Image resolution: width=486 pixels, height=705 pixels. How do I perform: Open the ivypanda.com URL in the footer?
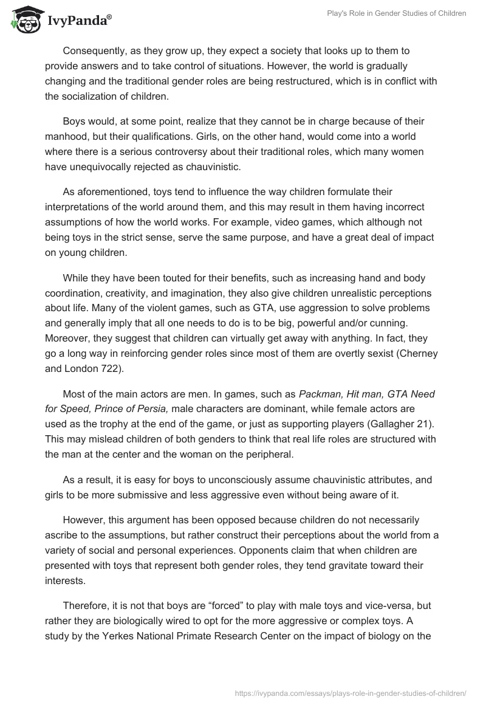coord(351,692)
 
